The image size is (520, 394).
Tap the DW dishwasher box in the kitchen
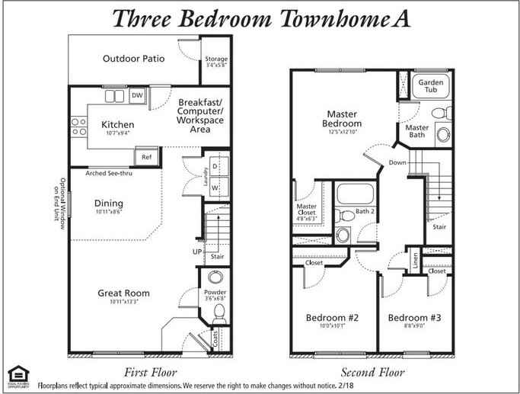(x=137, y=95)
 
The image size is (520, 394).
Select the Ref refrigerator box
(x=146, y=158)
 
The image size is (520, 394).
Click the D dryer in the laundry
(x=215, y=165)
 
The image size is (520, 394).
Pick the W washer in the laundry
(x=215, y=186)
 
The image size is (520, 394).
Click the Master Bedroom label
(x=342, y=120)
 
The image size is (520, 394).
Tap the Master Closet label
(x=306, y=210)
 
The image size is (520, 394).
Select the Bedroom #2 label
(x=332, y=317)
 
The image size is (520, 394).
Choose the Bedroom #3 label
(x=414, y=317)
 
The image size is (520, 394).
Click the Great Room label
(x=123, y=293)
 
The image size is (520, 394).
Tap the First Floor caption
(x=150, y=372)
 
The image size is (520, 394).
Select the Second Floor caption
(x=372, y=372)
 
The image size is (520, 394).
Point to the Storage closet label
(x=216, y=59)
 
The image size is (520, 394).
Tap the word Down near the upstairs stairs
(x=397, y=162)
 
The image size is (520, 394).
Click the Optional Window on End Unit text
(x=59, y=200)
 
